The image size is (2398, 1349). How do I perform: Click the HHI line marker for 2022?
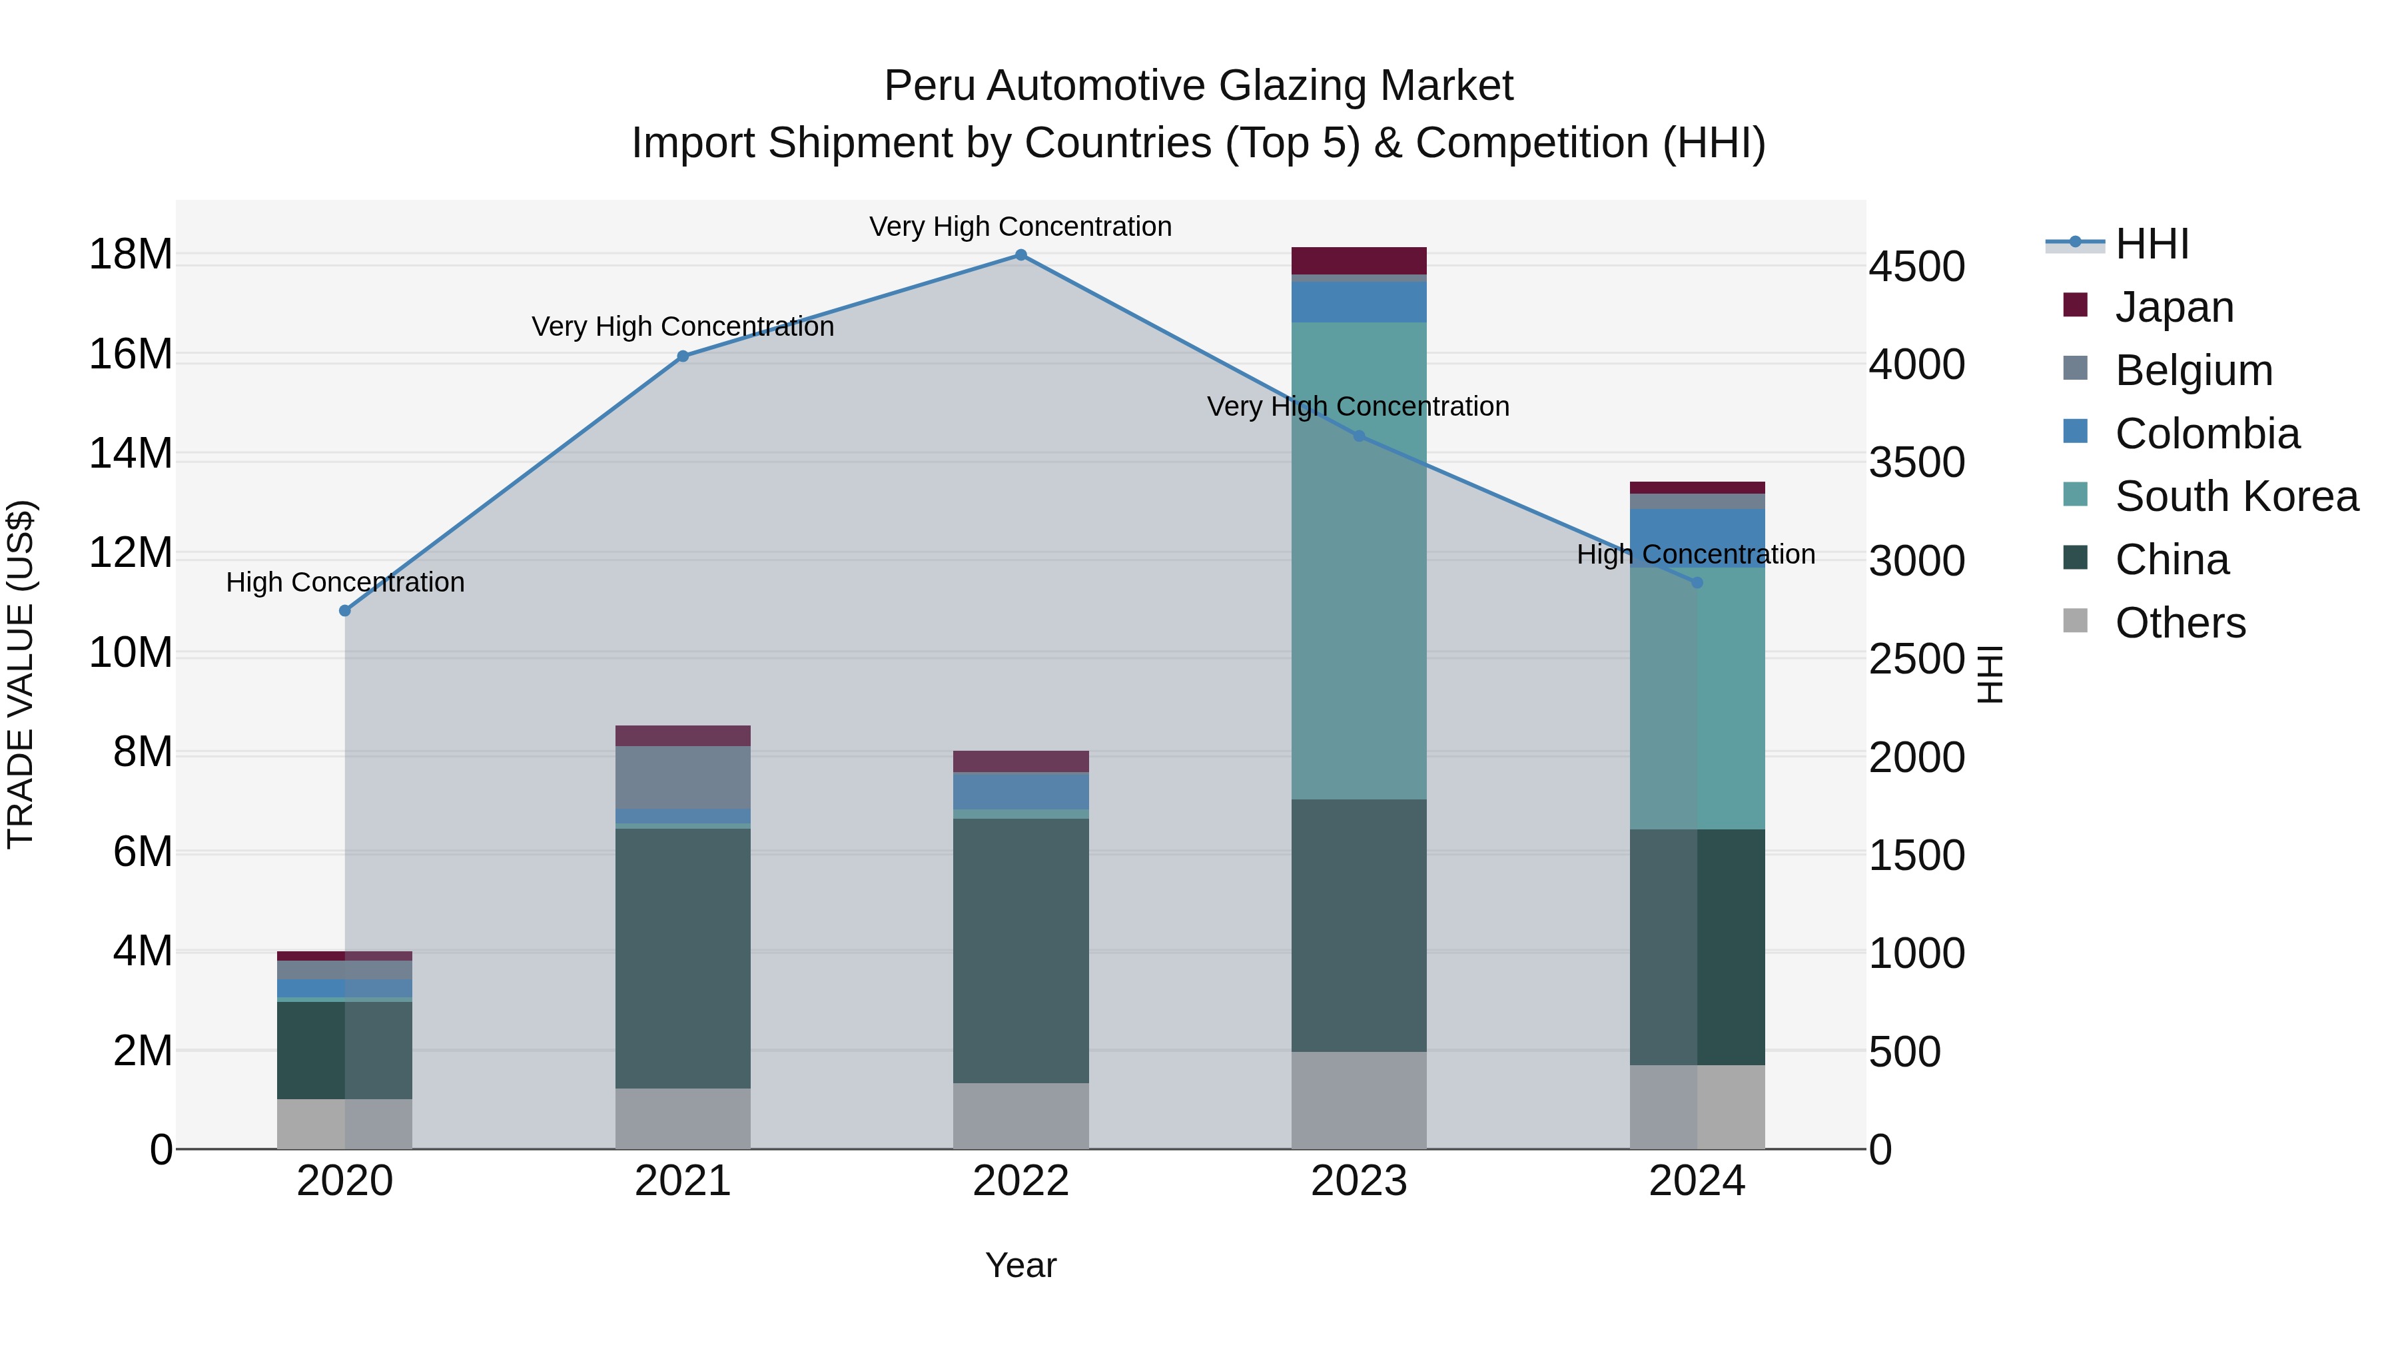click(x=1020, y=255)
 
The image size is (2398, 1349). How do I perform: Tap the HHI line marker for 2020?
click(x=344, y=611)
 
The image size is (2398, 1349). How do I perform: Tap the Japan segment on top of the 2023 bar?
click(x=1358, y=260)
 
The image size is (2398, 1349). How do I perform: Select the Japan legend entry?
click(x=2173, y=307)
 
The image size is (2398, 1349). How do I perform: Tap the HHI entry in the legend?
click(x=2150, y=244)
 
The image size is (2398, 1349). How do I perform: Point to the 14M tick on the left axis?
click(x=131, y=454)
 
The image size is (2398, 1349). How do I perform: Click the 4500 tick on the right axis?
click(x=1916, y=267)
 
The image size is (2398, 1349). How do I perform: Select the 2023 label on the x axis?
click(x=1358, y=1181)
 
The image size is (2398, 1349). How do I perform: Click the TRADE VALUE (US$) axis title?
click(x=21, y=674)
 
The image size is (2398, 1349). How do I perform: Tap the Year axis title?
click(x=1020, y=1265)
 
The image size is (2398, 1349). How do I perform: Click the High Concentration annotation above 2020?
click(x=344, y=583)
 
